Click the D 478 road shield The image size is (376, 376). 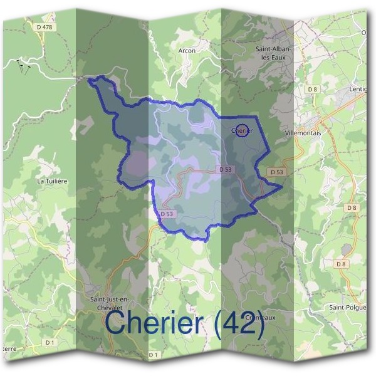click(43, 27)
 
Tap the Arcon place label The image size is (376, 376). click(187, 51)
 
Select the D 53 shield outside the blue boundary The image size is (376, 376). click(276, 172)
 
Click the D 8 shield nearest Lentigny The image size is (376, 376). click(313, 90)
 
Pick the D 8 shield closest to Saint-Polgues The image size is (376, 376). click(341, 264)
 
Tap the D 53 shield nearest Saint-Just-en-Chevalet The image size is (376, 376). click(166, 214)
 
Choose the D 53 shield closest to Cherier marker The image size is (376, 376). click(226, 170)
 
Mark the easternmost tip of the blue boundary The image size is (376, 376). click(283, 185)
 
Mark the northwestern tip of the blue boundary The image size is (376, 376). click(88, 80)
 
